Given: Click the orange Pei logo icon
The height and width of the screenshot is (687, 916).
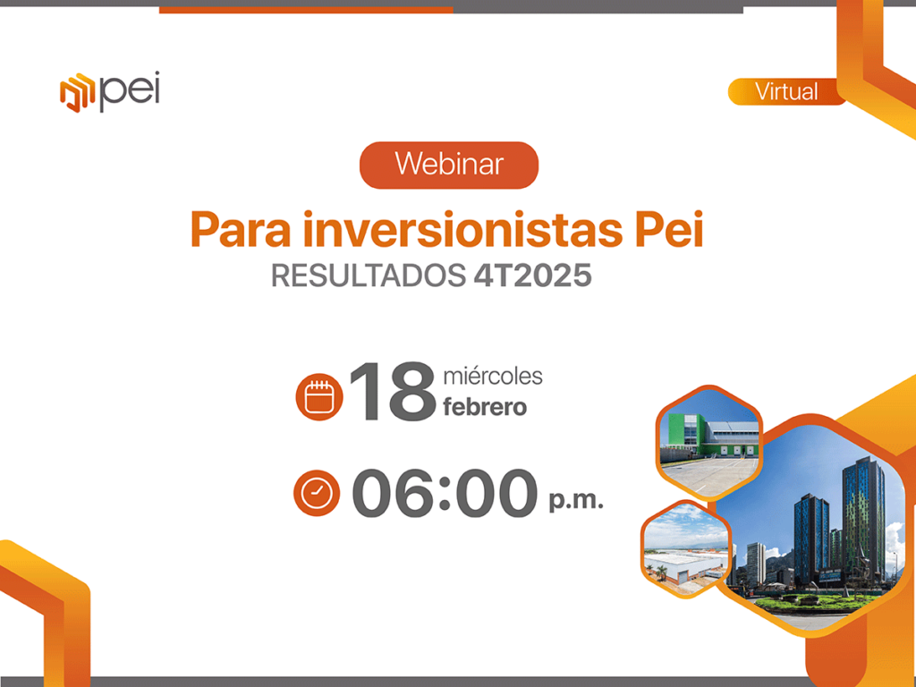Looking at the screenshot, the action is (x=77, y=92).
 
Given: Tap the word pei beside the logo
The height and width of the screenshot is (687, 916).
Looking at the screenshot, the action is (x=130, y=91).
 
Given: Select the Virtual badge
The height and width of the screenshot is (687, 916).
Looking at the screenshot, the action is (x=786, y=92).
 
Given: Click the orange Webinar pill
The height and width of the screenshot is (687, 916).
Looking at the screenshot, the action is (x=449, y=165).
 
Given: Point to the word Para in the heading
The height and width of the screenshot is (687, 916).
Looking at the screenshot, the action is (x=240, y=230).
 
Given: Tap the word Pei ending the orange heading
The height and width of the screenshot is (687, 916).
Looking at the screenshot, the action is (x=669, y=230).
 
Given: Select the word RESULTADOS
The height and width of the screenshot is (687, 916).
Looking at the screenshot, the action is (x=368, y=276).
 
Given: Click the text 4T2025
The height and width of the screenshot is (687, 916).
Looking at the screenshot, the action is (x=532, y=276).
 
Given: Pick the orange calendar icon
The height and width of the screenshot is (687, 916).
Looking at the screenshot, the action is (x=319, y=396).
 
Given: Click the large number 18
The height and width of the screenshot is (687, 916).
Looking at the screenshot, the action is (x=392, y=392).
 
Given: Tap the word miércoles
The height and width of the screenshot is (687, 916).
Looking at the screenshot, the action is (x=493, y=377).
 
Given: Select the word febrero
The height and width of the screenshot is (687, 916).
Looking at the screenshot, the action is (x=485, y=407).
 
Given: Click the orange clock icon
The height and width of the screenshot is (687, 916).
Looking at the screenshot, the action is (x=317, y=493).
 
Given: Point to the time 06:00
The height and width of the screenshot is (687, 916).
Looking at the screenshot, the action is (x=445, y=493).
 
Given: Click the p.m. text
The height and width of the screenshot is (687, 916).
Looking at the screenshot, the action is (x=576, y=501).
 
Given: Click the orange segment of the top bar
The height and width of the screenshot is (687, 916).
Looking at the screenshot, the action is (x=306, y=9).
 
